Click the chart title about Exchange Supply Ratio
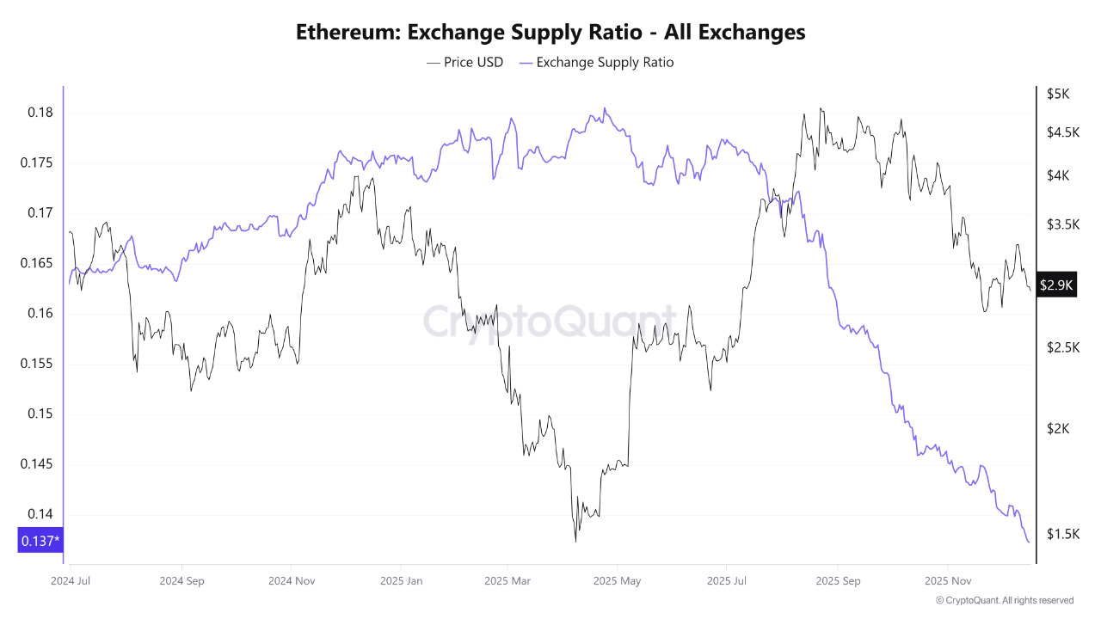550,33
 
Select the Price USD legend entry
464,62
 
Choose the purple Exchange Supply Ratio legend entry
596,62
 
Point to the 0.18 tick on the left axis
40,113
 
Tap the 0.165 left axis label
36,263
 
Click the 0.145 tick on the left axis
36,464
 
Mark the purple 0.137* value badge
40,541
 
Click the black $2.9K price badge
1056,285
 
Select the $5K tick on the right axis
1057,94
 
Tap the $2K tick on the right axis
1057,429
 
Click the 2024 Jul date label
71,580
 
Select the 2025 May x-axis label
617,580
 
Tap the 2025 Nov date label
947,580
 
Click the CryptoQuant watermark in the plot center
550,322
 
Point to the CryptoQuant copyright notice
1004,600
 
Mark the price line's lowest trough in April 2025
575,541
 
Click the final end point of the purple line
1029,542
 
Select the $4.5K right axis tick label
1063,132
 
